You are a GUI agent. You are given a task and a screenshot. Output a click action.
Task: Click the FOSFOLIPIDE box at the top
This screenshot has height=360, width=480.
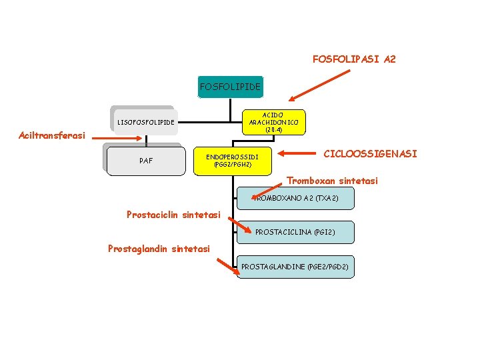click(x=230, y=87)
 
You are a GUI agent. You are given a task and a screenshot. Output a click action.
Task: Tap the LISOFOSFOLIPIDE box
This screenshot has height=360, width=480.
click(x=145, y=122)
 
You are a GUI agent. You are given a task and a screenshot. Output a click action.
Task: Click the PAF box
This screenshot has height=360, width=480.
click(x=145, y=161)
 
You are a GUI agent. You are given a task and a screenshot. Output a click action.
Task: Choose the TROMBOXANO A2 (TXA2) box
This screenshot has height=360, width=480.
click(x=297, y=199)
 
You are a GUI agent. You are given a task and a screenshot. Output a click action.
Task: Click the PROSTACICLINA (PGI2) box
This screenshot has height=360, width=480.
click(x=296, y=232)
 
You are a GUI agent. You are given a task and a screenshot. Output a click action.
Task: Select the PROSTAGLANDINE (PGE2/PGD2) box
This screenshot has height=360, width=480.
click(x=295, y=267)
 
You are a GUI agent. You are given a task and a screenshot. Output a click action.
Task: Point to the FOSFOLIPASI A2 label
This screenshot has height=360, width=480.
click(x=354, y=59)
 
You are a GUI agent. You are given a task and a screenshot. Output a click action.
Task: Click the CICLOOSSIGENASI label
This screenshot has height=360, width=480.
click(x=370, y=154)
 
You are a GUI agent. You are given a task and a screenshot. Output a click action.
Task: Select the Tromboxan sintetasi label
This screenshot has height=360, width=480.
click(x=332, y=181)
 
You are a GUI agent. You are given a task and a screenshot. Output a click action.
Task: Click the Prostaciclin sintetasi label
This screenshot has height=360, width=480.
click(x=173, y=215)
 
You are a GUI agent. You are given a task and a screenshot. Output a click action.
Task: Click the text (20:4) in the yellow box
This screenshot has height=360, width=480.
click(x=273, y=130)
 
